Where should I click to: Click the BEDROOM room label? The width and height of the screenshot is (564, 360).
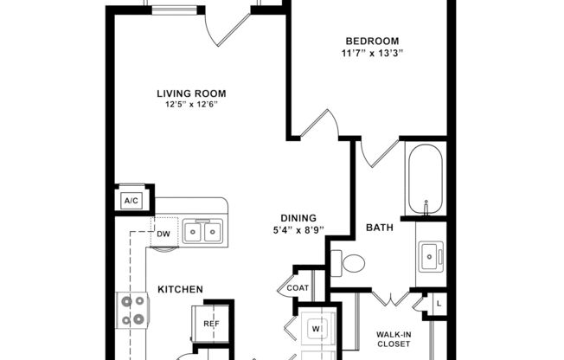[372, 41]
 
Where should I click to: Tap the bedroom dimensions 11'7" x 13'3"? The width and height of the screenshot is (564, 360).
[372, 53]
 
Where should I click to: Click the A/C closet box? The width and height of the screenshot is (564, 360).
[131, 200]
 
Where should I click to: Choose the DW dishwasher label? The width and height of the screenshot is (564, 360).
[163, 234]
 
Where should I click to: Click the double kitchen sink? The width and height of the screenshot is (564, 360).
[201, 231]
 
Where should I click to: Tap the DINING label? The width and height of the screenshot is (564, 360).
[298, 218]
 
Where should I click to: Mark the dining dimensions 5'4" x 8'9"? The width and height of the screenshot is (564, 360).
[298, 230]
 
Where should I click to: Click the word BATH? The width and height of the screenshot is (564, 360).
[380, 228]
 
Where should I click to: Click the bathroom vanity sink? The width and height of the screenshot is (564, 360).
[427, 254]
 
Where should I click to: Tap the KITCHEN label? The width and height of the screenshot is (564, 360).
[180, 289]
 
